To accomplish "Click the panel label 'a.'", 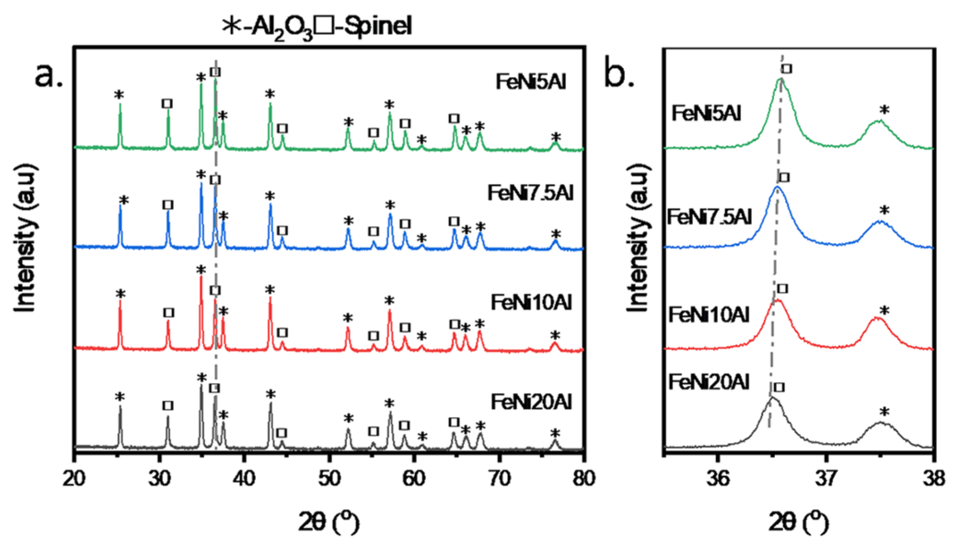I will coord(48,75).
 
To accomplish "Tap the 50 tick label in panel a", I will coord(329,479).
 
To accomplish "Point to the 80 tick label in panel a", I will coord(583,479).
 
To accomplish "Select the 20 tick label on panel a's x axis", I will coord(74,479).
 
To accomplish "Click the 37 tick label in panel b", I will coord(826,479).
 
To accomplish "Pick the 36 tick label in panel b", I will coord(717,479).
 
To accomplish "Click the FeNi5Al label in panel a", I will coord(530,82).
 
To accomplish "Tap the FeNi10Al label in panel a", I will coord(531,303).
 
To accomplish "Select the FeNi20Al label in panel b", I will coord(709,382).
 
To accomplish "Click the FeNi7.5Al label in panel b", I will coord(709,217).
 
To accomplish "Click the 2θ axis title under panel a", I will coord(328,522).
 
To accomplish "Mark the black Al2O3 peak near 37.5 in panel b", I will coord(881,423).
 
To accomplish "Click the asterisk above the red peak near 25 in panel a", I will coord(121,294).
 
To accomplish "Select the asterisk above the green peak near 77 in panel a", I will coord(556,137).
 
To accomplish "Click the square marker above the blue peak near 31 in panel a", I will coord(168,205).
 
